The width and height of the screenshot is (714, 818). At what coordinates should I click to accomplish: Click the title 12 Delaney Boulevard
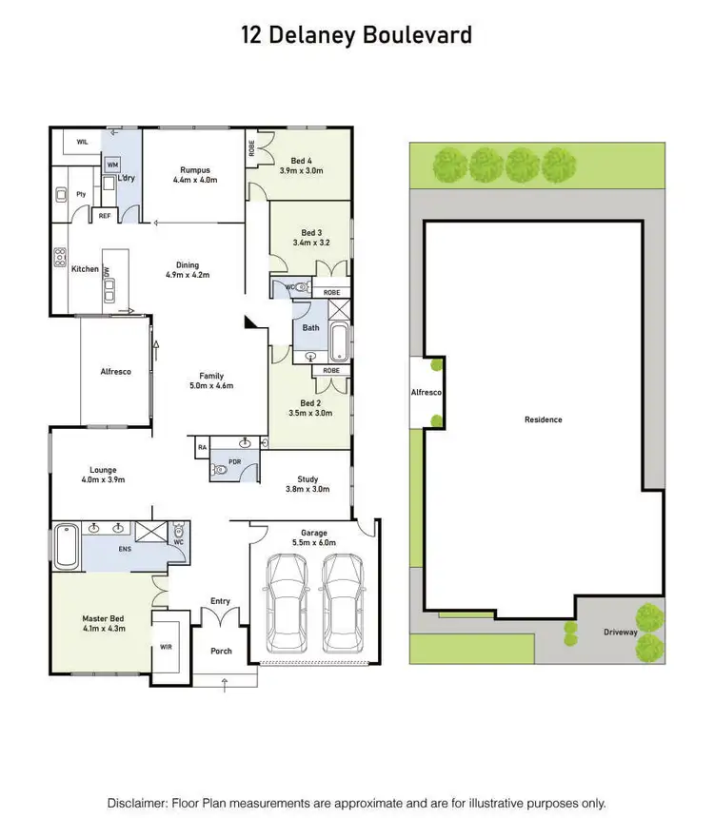pos(356,36)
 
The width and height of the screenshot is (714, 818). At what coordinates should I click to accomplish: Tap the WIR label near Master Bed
pos(166,646)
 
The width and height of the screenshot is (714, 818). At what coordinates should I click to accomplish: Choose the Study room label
pos(307,479)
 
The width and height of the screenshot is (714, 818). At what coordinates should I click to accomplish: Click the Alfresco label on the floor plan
pos(115,371)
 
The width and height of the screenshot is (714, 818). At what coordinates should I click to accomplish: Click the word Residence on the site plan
pos(543,419)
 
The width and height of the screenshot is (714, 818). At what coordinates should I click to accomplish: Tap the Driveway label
pos(620,632)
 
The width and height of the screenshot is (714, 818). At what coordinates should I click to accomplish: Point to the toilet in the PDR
pos(221,467)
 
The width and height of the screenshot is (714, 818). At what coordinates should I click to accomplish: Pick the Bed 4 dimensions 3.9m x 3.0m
pos(302,171)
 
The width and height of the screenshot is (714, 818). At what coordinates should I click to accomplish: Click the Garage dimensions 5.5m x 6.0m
pos(313,543)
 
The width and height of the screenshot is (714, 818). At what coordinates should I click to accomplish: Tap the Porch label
pos(220,652)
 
